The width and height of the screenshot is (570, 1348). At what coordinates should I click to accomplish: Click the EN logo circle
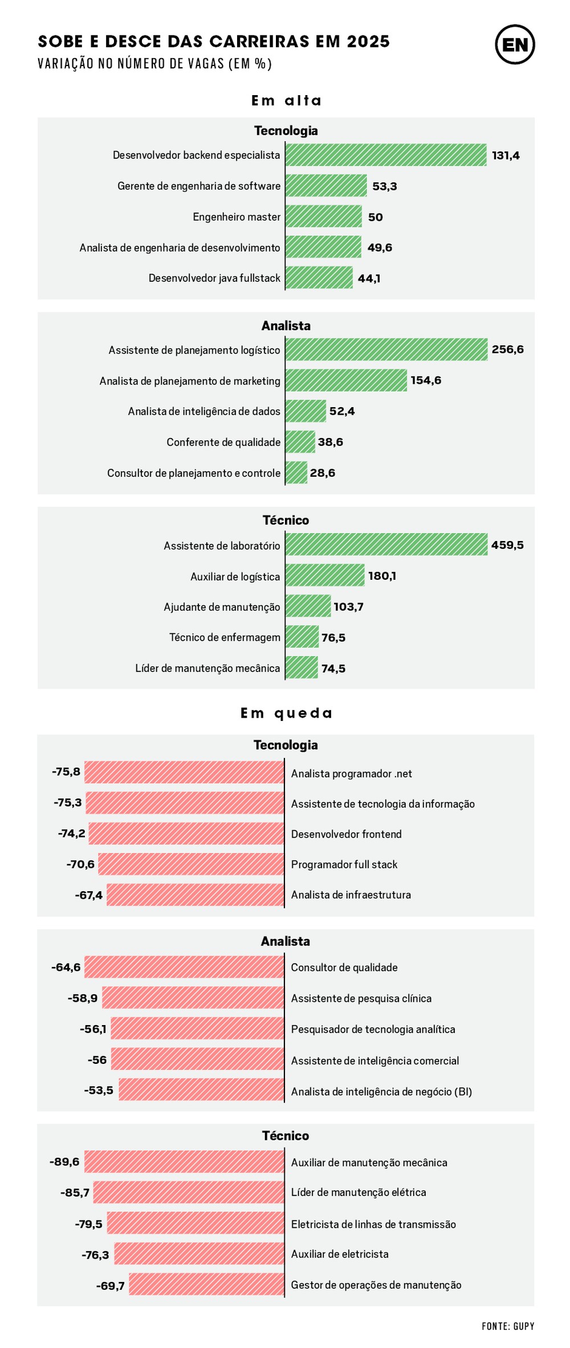(514, 44)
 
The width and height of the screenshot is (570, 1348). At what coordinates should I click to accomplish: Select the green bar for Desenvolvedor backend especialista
(386, 155)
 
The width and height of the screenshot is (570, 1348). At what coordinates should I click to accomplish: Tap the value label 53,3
(384, 186)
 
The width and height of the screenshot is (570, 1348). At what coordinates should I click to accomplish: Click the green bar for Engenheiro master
(323, 216)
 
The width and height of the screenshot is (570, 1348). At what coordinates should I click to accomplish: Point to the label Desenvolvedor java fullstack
(214, 278)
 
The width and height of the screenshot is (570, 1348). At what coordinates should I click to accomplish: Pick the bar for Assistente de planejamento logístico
(386, 350)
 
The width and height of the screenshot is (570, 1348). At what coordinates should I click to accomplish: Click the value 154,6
(426, 380)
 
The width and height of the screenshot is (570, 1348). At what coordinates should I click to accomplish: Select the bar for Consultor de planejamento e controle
(296, 473)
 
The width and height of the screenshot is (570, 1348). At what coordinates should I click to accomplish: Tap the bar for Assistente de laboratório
(386, 544)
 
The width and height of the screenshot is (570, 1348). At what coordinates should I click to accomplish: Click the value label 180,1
(382, 576)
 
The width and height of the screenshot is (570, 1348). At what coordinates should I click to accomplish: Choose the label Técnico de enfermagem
(225, 637)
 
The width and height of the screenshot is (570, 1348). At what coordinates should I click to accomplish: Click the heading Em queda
(286, 713)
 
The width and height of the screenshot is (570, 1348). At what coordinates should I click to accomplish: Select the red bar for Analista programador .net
(184, 772)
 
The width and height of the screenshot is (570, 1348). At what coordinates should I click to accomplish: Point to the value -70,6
(80, 864)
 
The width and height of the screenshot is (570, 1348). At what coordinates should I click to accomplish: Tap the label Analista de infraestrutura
(351, 895)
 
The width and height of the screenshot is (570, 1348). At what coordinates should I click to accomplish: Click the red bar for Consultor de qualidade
(184, 967)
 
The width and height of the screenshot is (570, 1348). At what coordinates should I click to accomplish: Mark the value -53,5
(99, 1091)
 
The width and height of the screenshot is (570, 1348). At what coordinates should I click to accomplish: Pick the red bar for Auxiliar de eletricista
(199, 1253)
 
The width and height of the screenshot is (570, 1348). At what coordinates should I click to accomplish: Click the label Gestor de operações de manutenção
(376, 1285)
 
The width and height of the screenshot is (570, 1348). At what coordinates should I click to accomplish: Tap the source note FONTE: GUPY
(508, 1326)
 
